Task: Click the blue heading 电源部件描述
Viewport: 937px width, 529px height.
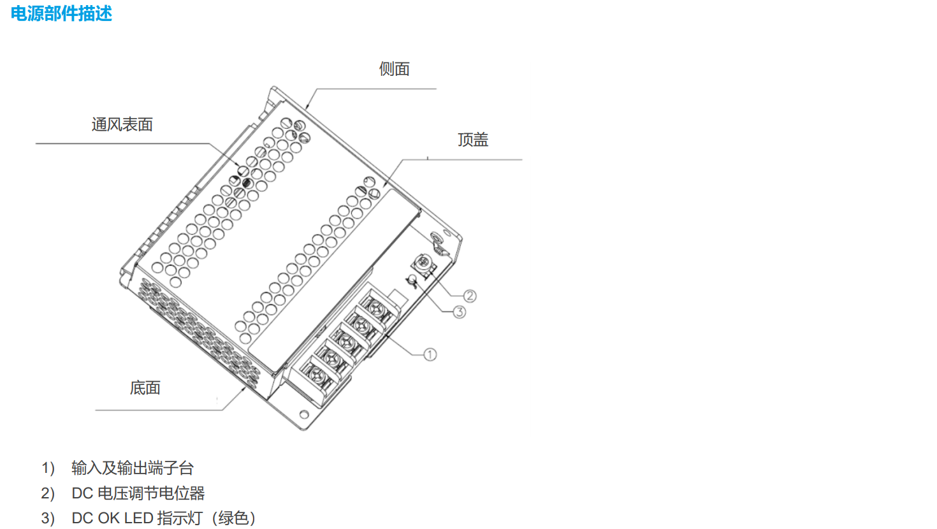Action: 61,13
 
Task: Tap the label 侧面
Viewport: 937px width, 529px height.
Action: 394,69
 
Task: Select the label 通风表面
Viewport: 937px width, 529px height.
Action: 122,125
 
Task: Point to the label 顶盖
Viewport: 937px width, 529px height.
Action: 473,140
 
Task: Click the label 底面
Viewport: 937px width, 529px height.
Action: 145,388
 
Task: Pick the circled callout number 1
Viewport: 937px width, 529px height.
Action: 430,354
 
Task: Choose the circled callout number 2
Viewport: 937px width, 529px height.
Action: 470,296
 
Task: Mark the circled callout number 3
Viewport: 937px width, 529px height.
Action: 460,312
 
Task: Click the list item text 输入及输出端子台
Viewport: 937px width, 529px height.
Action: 133,468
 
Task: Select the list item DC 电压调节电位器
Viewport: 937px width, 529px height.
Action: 138,493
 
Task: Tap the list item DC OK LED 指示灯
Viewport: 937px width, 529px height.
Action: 142,519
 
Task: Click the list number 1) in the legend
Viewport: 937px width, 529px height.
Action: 48,468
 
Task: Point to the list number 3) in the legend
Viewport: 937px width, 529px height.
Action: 48,519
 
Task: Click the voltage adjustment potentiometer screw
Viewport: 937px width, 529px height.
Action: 423,262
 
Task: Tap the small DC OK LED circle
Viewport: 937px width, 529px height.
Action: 412,279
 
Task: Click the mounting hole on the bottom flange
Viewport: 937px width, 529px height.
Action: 304,414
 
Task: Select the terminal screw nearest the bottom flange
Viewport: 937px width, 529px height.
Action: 317,373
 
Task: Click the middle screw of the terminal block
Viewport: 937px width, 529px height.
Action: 346,341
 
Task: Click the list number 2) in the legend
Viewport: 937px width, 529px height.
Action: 48,493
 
